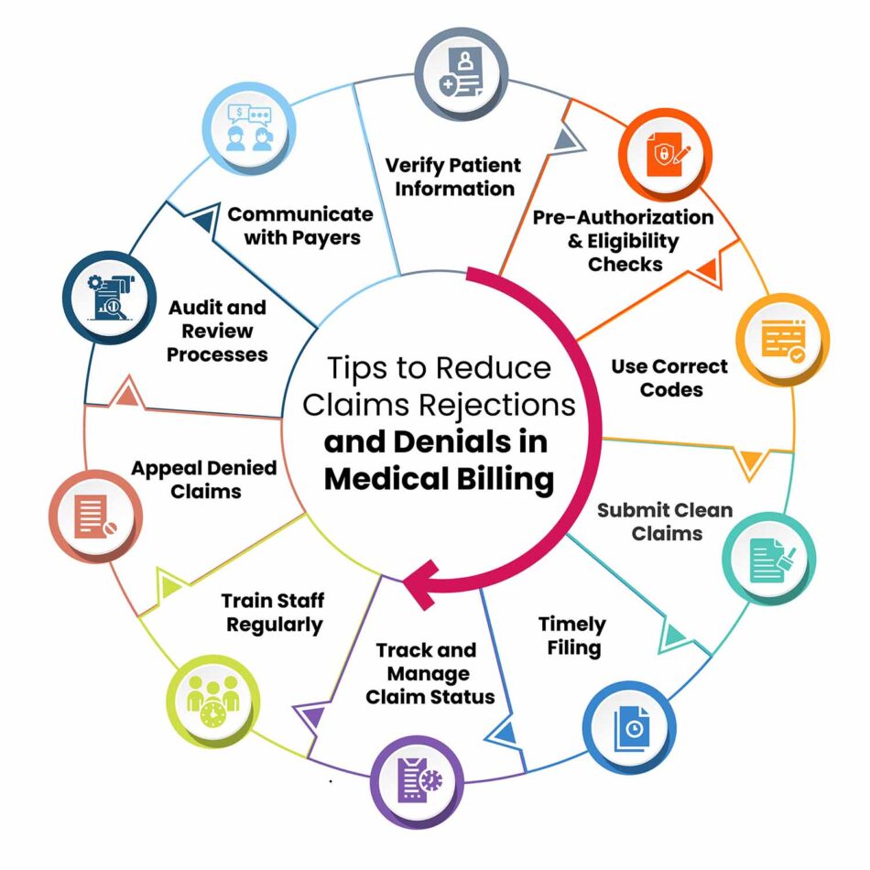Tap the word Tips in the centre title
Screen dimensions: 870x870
(x=358, y=368)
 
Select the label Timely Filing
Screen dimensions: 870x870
(x=572, y=636)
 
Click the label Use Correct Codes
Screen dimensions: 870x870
(x=669, y=377)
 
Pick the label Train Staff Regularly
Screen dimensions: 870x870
(x=273, y=614)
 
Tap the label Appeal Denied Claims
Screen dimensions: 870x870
(x=203, y=480)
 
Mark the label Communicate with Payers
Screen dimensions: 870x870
(x=299, y=226)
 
